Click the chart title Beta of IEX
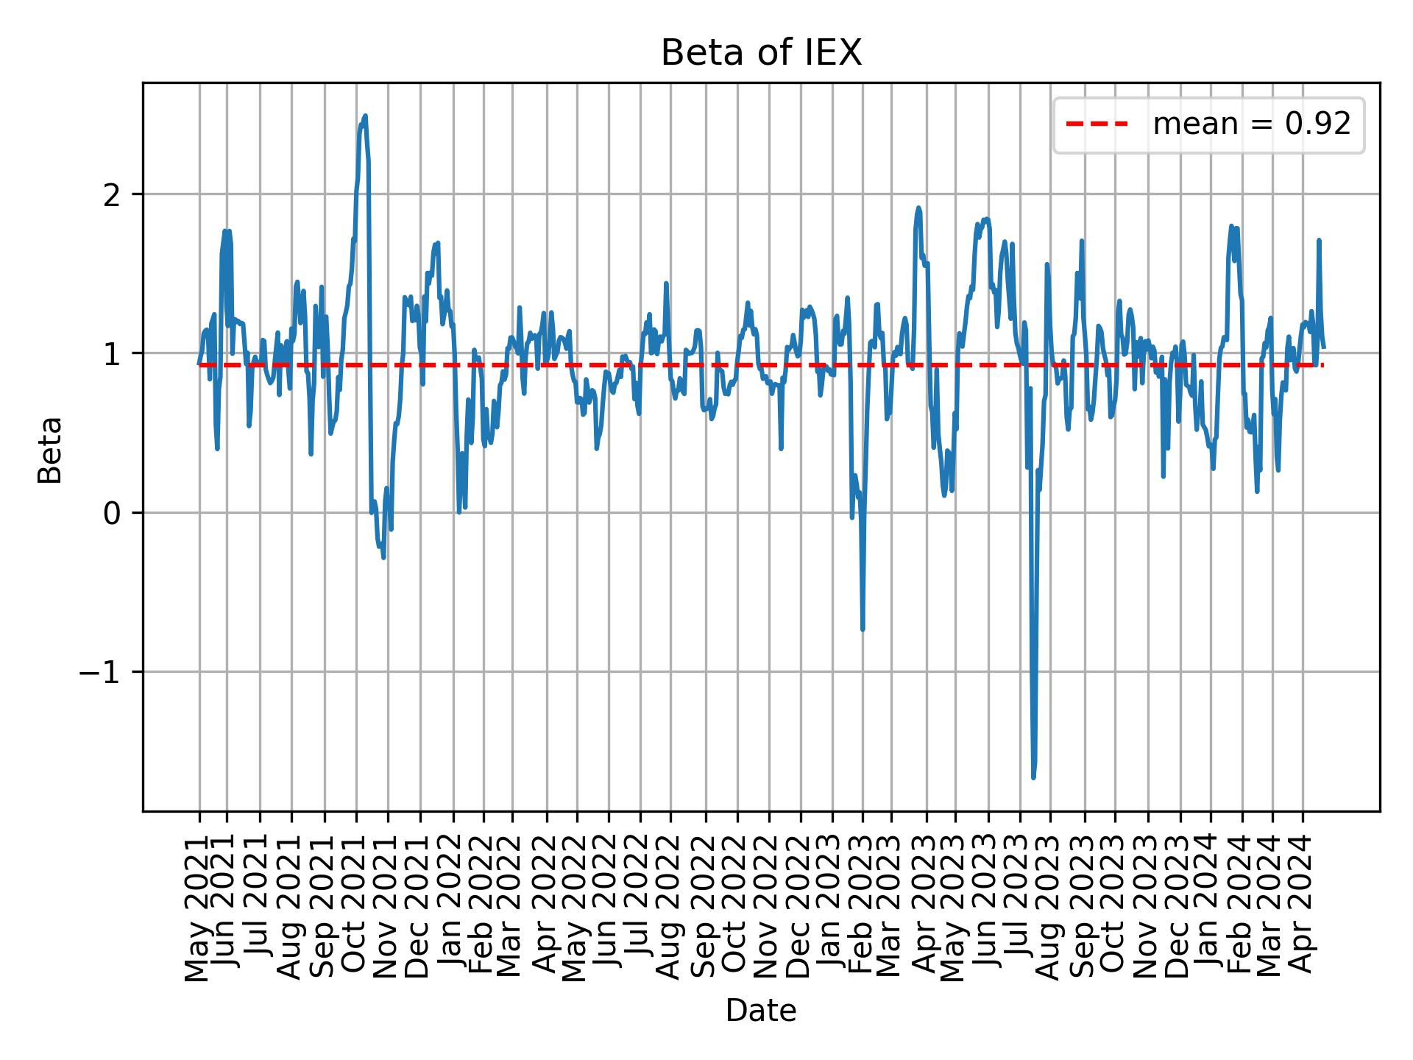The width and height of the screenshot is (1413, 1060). point(761,53)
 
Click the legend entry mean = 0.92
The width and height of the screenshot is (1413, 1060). point(1251,124)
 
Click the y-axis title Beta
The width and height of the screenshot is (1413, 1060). point(51,449)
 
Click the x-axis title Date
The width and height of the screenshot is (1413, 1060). point(761,1011)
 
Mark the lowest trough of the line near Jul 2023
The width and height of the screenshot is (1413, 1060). point(1033,777)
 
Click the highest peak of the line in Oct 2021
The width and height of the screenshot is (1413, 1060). point(365,116)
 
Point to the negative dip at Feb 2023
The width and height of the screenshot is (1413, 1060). point(863,629)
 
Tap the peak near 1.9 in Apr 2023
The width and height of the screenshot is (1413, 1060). point(918,208)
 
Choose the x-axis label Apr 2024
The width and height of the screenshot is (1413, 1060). point(1303,907)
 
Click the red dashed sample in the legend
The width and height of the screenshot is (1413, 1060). point(1097,124)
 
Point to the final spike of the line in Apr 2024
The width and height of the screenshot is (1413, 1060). point(1319,241)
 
